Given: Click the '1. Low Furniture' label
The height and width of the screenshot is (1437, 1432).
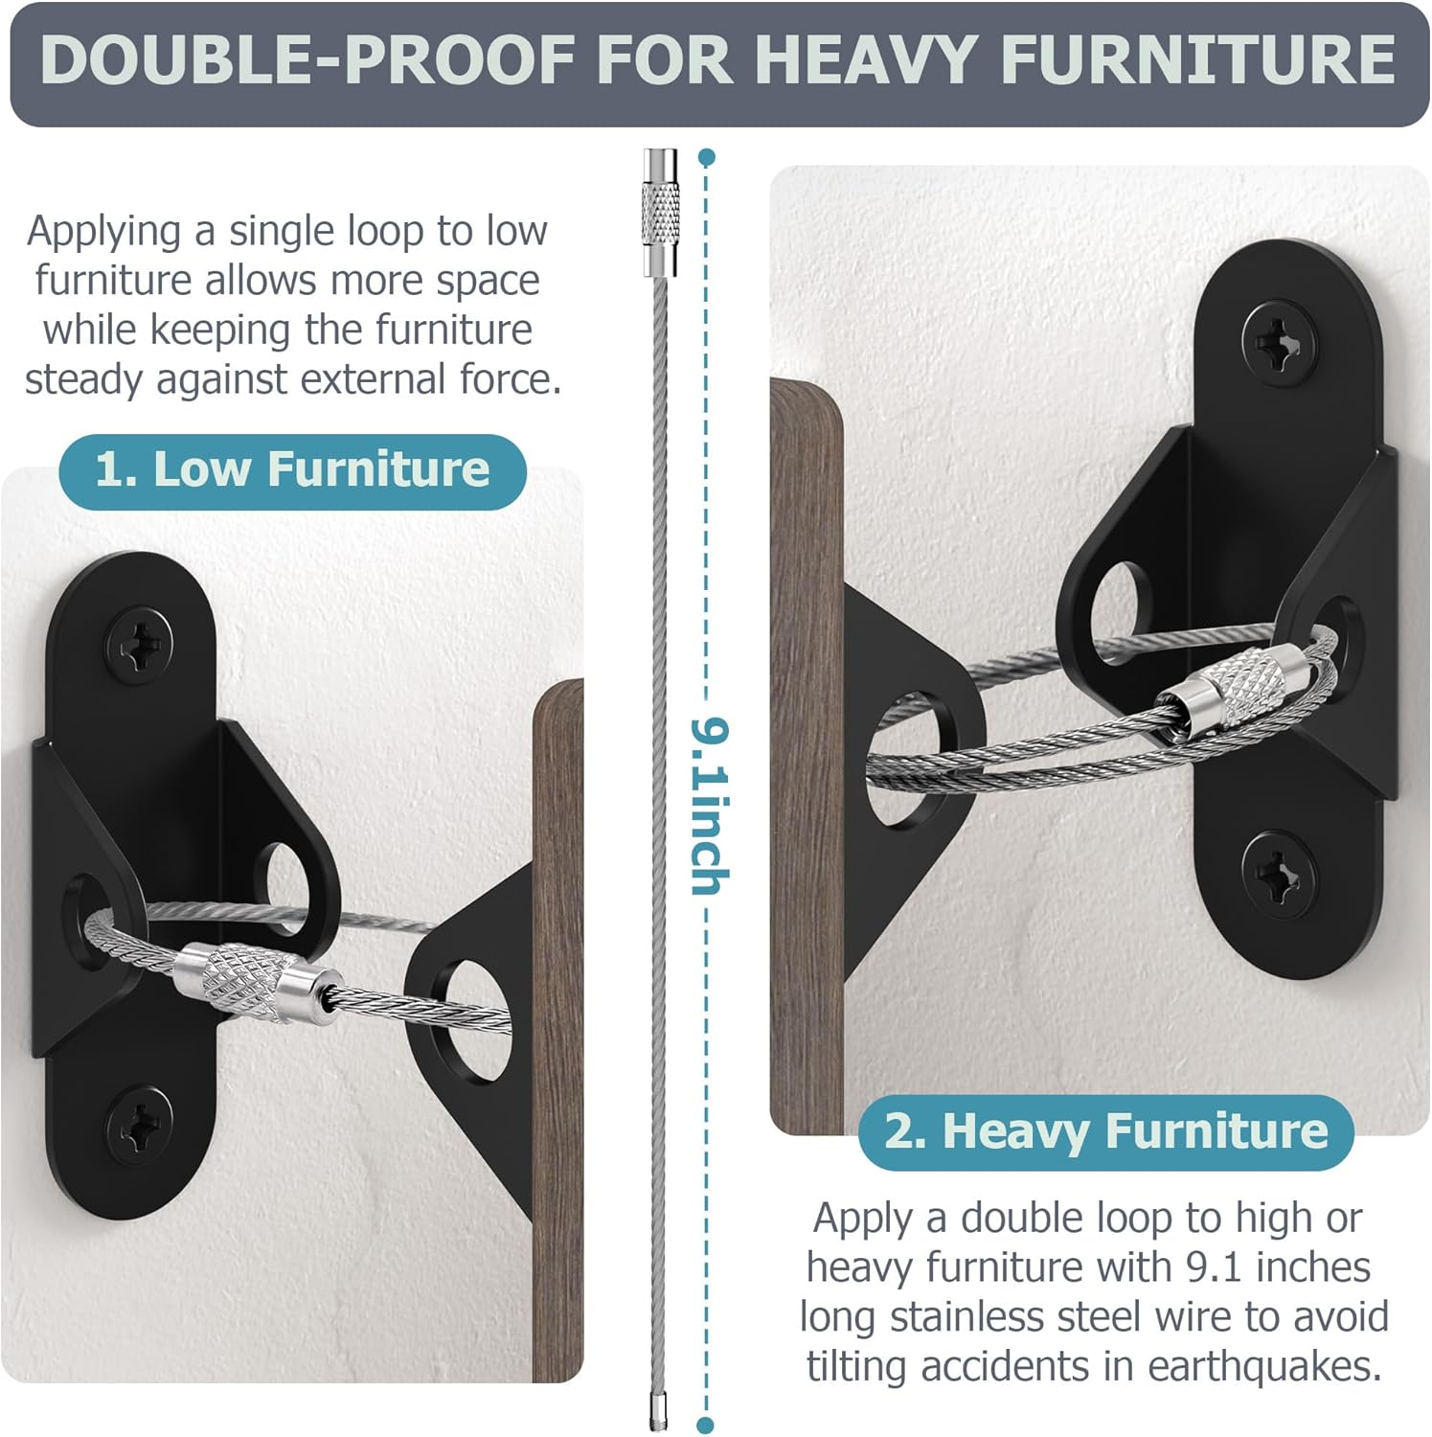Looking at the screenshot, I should click(292, 469).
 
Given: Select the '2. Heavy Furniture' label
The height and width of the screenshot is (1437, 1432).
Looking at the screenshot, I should click(1105, 1130).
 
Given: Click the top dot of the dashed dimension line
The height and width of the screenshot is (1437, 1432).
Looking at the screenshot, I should click(707, 156).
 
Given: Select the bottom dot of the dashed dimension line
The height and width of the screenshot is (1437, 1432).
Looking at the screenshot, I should click(706, 1426).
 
